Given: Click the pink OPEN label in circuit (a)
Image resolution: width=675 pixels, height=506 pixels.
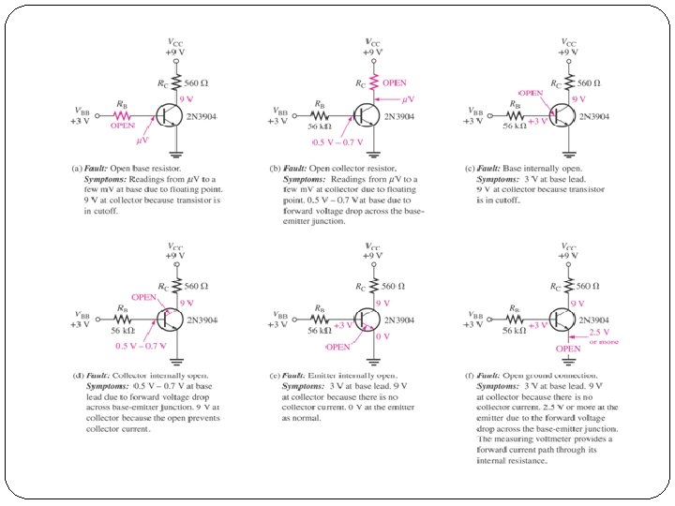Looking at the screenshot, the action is (122, 124).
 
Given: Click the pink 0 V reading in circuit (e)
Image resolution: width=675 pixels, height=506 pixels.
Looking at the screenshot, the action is (382, 335).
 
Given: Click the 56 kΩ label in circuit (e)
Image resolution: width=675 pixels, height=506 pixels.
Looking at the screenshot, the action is (320, 330).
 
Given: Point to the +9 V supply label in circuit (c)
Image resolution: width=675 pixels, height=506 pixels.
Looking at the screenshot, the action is (568, 52).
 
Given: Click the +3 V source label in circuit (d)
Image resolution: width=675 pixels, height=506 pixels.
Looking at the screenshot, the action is (81, 324).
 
